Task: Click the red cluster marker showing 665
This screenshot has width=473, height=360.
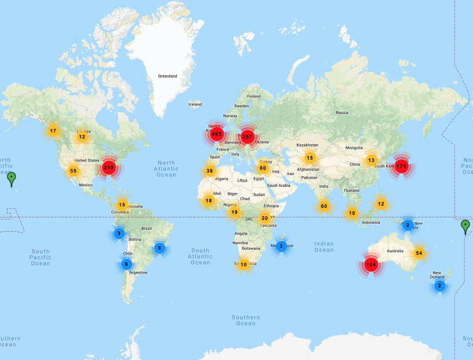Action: [x=216, y=134]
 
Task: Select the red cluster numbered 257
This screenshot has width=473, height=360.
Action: [x=248, y=137]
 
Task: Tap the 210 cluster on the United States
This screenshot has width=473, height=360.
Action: [x=109, y=167]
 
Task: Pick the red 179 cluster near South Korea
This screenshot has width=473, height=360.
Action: [x=402, y=166]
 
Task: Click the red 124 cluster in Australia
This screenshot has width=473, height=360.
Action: [x=371, y=264]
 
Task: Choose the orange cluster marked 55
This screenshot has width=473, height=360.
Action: [x=73, y=171]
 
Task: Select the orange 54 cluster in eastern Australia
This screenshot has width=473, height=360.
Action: [x=419, y=253]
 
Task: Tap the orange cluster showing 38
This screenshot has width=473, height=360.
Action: [x=210, y=171]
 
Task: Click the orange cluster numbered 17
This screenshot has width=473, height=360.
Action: [x=53, y=131]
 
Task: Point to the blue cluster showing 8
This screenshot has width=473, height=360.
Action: [x=160, y=248]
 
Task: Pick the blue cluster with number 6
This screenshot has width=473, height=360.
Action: [x=127, y=264]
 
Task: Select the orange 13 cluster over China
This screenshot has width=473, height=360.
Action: [x=371, y=160]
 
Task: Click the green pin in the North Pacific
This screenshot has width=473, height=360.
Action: [x=12, y=179]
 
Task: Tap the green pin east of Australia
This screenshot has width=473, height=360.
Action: [x=465, y=226]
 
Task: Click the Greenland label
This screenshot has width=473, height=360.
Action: [x=168, y=76]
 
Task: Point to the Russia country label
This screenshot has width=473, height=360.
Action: [x=342, y=113]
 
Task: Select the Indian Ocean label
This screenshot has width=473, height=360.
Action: [x=324, y=247]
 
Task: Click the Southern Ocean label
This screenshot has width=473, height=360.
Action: [x=246, y=320]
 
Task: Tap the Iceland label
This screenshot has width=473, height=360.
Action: [x=195, y=104]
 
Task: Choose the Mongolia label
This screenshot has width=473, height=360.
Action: [x=354, y=148]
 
